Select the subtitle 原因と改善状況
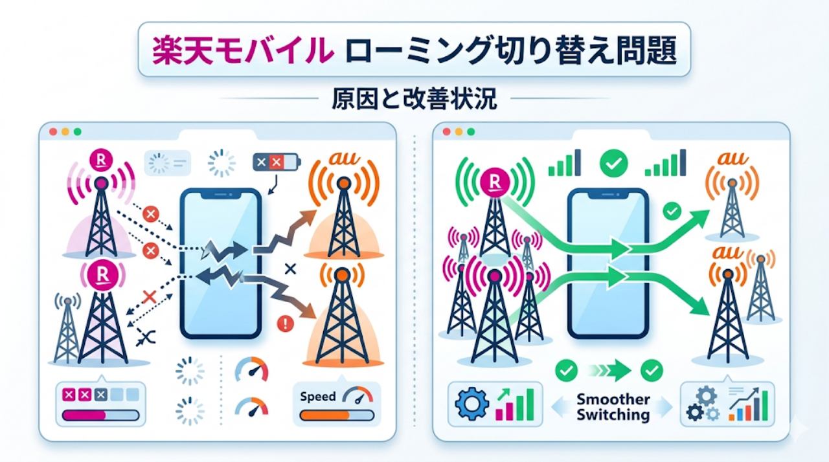pyautogui.click(x=414, y=98)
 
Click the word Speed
pyautogui.click(x=318, y=396)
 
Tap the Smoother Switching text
pyautogui.click(x=613, y=407)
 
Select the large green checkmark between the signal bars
pyautogui.click(x=612, y=163)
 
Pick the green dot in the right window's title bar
pyautogui.click(x=471, y=131)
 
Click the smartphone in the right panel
pyautogui.click(x=608, y=262)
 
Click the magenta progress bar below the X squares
pyautogui.click(x=84, y=415)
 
